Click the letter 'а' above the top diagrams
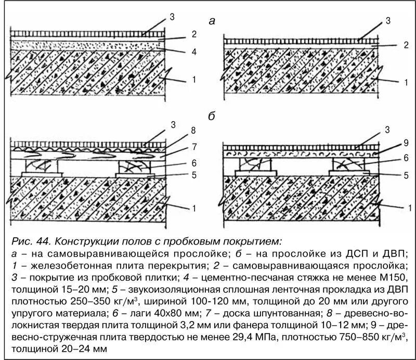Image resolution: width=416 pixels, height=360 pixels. click(211, 21)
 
